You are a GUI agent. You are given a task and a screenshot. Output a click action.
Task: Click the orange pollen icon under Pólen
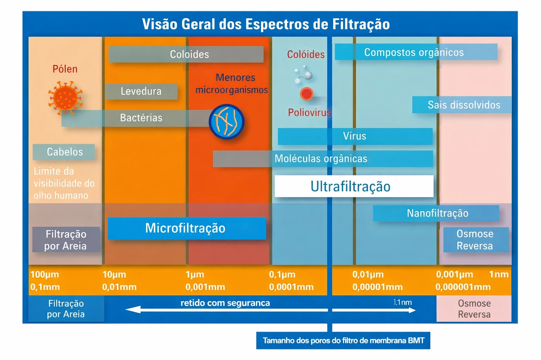[x=65, y=97]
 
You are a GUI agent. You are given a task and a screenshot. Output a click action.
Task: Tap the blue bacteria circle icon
[x=226, y=122]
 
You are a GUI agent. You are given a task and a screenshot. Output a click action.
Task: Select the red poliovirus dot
[x=306, y=93]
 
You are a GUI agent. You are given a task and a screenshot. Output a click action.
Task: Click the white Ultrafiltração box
[x=354, y=186]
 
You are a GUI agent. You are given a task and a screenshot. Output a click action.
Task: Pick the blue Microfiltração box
[x=186, y=228]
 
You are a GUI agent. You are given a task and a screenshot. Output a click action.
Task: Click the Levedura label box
[x=141, y=91]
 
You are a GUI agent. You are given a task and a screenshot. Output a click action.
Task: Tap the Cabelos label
[x=64, y=152]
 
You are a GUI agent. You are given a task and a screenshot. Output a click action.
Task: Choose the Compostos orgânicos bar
[x=415, y=52]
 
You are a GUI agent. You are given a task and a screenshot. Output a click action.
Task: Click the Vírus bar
[x=355, y=136]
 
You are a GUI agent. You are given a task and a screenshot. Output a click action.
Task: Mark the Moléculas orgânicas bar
[x=322, y=158]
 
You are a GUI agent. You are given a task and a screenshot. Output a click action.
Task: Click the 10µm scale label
[x=114, y=275]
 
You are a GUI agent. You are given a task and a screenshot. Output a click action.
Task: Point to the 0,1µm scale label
[x=282, y=275]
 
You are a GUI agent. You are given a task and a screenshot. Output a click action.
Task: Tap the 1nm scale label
[x=498, y=275]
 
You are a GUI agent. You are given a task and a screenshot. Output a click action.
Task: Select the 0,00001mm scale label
[x=377, y=287]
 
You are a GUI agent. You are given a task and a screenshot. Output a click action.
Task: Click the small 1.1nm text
[x=402, y=302]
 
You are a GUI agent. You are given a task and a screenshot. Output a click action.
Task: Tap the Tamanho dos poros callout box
[x=343, y=341]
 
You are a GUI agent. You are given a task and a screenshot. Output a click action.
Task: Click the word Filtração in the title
[x=356, y=24]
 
